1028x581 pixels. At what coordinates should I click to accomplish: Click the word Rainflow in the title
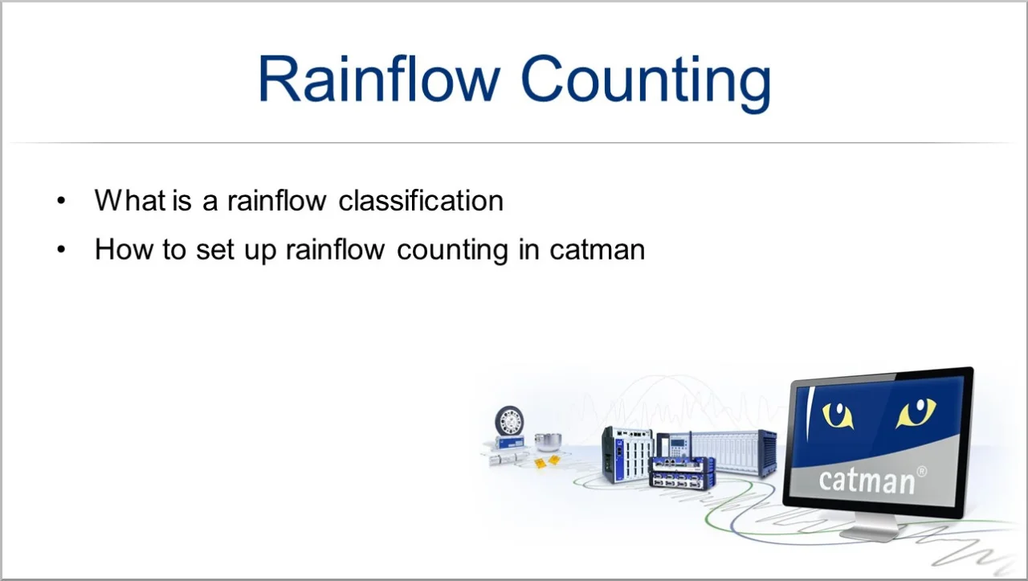pyautogui.click(x=378, y=79)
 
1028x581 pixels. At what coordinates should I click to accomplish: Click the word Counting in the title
pyautogui.click(x=647, y=84)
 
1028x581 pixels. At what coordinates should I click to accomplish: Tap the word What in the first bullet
pyautogui.click(x=130, y=201)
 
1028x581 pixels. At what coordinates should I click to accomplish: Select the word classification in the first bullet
pyautogui.click(x=421, y=201)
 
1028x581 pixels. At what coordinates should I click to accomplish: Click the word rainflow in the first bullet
pyautogui.click(x=277, y=201)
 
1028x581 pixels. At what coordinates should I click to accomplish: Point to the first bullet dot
pyautogui.click(x=61, y=201)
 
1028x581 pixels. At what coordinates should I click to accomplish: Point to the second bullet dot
pyautogui.click(x=61, y=250)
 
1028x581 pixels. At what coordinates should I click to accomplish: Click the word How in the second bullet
pyautogui.click(x=124, y=249)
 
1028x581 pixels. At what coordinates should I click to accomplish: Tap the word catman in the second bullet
pyautogui.click(x=597, y=250)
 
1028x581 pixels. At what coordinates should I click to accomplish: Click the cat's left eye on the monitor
pyautogui.click(x=838, y=415)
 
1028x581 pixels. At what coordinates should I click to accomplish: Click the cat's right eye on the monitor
pyautogui.click(x=916, y=411)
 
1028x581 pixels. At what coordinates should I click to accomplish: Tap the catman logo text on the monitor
pyautogui.click(x=867, y=481)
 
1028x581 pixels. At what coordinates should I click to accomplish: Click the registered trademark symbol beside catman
pyautogui.click(x=921, y=472)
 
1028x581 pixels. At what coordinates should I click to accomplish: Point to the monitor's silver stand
pyautogui.click(x=870, y=527)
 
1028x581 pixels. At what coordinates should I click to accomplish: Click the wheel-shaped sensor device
pyautogui.click(x=509, y=421)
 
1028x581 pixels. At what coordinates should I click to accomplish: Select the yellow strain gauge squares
pyautogui.click(x=547, y=461)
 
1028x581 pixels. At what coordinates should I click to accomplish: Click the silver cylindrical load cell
pyautogui.click(x=548, y=442)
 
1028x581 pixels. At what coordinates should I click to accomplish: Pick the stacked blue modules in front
pyautogui.click(x=683, y=473)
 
